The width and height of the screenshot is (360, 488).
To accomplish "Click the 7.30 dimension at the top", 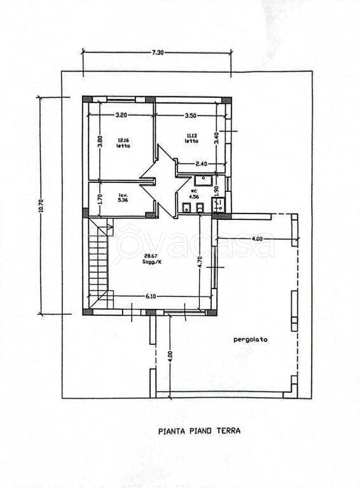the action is [x=158, y=53].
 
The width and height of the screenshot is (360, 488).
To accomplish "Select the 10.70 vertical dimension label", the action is [x=43, y=205].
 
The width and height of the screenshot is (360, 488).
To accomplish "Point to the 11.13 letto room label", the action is [x=192, y=138].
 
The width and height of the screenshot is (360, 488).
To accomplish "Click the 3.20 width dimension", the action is [x=121, y=115].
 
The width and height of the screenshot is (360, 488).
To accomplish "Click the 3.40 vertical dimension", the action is [x=217, y=137].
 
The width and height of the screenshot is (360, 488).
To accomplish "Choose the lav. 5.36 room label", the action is [x=123, y=198].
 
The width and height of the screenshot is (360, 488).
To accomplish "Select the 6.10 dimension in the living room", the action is [x=150, y=296].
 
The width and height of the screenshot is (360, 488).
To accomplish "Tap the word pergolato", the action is [x=251, y=339].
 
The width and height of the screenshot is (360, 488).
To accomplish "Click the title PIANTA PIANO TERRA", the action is [x=199, y=431].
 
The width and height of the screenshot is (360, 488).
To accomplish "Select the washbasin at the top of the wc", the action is [x=204, y=180].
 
